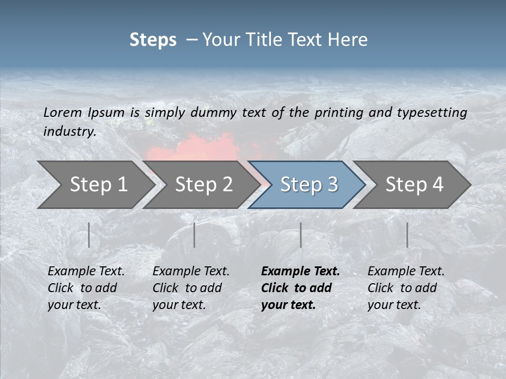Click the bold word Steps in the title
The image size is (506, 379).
tap(153, 40)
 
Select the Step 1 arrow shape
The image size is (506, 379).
tap(98, 185)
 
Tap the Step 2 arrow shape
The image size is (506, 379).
tap(203, 185)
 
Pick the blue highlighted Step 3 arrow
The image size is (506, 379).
tap(309, 185)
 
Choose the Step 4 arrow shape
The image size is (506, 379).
tap(414, 185)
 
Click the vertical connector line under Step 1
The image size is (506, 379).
tap(89, 235)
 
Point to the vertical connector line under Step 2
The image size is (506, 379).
tap(194, 235)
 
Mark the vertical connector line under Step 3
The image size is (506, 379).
tap(300, 235)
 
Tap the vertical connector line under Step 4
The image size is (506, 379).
tap(407, 235)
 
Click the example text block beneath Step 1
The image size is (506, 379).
tap(86, 288)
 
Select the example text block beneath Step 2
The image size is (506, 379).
tap(191, 288)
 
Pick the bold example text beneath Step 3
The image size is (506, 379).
tap(300, 288)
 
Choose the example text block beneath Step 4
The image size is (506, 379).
tap(406, 288)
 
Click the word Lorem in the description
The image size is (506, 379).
tap(63, 112)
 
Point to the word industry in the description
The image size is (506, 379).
tap(69, 132)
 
